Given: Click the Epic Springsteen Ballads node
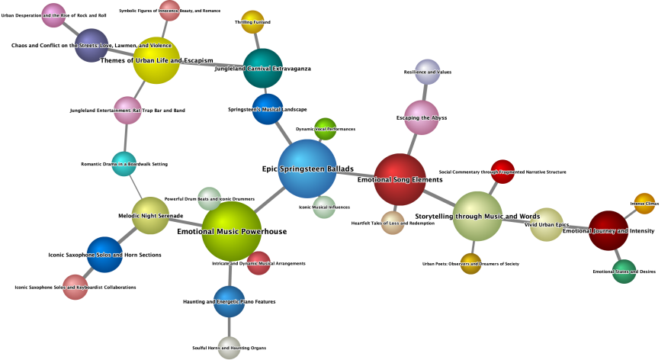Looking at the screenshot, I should point(307,169).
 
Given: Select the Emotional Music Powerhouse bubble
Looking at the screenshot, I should point(231,231).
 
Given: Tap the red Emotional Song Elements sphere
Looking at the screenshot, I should point(400,179).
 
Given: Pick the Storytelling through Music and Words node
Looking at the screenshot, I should point(477,216).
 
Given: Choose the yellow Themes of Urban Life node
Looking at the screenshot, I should point(156,60).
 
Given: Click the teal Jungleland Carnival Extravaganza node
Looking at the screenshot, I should point(262,68).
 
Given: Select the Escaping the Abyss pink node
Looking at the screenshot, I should point(422,117).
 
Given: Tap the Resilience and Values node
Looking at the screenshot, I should point(427,72).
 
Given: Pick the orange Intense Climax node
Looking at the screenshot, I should point(644,204).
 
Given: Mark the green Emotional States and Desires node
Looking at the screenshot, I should point(624,271).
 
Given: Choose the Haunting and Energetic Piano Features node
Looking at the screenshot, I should point(229,301).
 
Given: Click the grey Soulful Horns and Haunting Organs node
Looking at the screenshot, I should point(229,347).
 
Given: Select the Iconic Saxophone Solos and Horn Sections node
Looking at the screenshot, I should point(104,255).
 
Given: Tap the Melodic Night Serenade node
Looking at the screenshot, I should point(150,216).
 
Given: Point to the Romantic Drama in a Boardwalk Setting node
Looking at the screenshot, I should point(124,163).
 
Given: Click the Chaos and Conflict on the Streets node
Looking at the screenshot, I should point(91,45).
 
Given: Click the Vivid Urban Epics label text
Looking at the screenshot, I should point(547,225).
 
